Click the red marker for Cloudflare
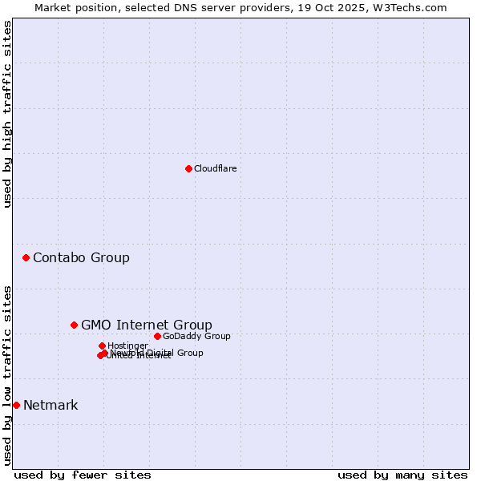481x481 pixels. pyautogui.click(x=188, y=168)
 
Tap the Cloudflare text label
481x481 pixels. pyautogui.click(x=215, y=168)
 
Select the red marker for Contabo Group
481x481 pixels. pyautogui.click(x=26, y=257)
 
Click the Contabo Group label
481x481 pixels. pyautogui.click(x=81, y=257)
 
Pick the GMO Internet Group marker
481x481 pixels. pyautogui.click(x=74, y=325)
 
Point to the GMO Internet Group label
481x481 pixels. pyautogui.click(x=146, y=325)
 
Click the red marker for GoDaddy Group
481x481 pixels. pyautogui.click(x=157, y=336)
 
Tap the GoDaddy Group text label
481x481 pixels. pyautogui.click(x=196, y=336)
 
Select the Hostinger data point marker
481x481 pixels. pyautogui.click(x=102, y=346)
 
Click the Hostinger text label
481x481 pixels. pyautogui.click(x=127, y=346)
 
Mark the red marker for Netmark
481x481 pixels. pyautogui.click(x=16, y=405)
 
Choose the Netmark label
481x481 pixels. pyautogui.click(x=51, y=405)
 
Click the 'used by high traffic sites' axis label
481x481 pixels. pyautogui.click(x=7, y=114)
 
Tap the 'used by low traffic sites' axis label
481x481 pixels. pyautogui.click(x=7, y=374)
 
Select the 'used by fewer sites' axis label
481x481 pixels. pyautogui.click(x=83, y=475)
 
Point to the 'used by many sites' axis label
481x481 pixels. pyautogui.click(x=402, y=475)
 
